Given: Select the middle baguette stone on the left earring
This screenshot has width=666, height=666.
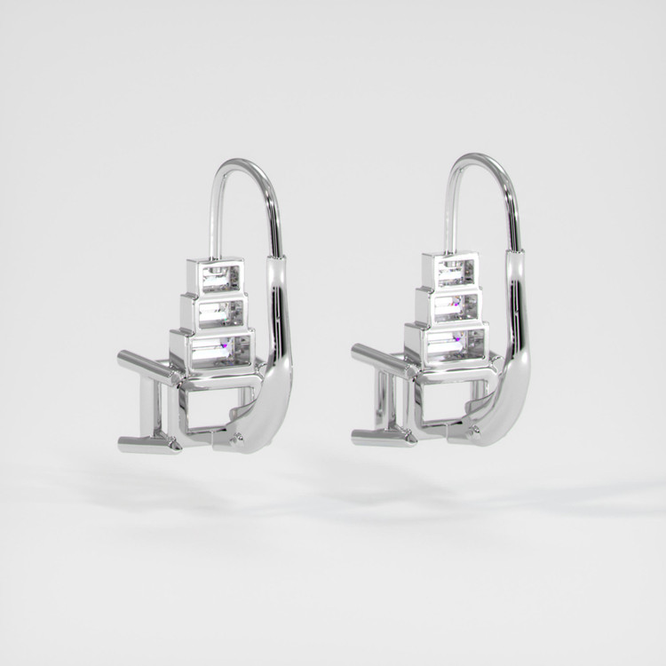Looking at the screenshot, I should (218, 312).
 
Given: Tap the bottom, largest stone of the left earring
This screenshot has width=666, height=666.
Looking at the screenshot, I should (217, 350).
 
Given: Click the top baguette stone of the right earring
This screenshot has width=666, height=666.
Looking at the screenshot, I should (454, 272).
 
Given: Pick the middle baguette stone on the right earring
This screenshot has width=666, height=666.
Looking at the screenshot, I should (455, 306).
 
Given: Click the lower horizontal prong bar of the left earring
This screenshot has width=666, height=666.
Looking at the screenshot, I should (147, 441).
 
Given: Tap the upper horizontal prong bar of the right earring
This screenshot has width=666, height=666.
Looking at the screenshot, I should (377, 357).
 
